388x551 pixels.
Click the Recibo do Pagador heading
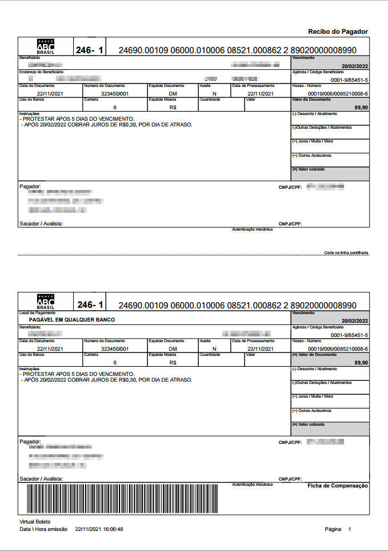pos(338,31)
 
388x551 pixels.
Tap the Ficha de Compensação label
pos(338,486)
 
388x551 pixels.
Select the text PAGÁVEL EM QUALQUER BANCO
pos(72,320)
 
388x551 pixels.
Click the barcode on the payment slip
pos(122,500)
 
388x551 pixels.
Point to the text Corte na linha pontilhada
pos(346,252)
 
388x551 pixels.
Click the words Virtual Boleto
pos(35,522)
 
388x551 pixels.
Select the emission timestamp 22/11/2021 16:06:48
pos(99,529)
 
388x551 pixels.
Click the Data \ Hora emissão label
pos(43,529)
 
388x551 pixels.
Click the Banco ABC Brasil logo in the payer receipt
pos(46,47)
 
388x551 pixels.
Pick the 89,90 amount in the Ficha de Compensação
pos(361,363)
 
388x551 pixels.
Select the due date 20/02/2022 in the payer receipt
pos(354,66)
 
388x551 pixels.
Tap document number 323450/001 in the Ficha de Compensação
pos(115,348)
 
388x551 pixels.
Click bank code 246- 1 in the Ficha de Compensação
pos(90,305)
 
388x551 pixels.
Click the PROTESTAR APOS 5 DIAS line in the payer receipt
pos(78,118)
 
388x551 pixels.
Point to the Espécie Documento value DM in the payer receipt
pos(173,93)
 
